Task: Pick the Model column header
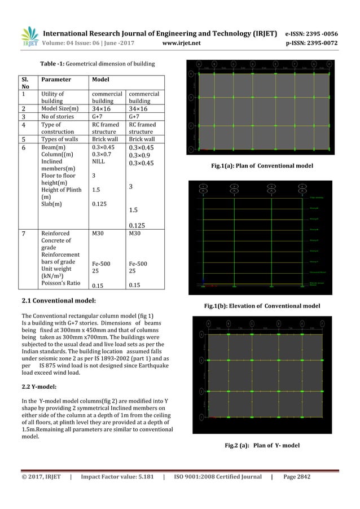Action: [100, 80]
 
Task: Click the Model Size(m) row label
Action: [59, 108]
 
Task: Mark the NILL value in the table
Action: [98, 161]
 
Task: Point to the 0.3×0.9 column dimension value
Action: [141, 155]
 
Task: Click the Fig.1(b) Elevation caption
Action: [262, 305]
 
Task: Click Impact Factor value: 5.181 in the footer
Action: [116, 477]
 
